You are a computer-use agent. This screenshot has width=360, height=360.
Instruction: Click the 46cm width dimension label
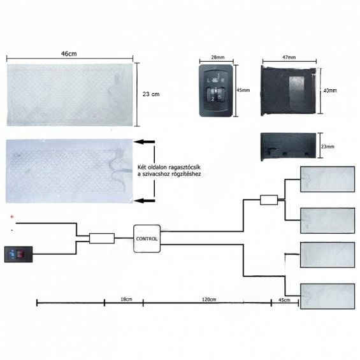coord(69,54)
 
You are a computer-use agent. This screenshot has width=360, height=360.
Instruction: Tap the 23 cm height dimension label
coord(151,94)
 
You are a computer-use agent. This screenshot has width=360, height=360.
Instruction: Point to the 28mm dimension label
coord(218,57)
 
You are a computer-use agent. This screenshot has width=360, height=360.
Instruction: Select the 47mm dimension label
coord(289,57)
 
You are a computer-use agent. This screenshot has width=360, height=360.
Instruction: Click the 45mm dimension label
coord(243,90)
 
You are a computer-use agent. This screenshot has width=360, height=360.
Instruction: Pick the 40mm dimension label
coord(330,90)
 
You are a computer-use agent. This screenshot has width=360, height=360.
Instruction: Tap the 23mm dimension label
coord(328,147)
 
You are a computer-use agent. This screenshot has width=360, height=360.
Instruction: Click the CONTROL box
coord(147,239)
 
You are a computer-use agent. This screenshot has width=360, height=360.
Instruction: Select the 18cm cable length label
coord(126,299)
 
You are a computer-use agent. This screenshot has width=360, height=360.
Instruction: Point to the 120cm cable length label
coord(209,299)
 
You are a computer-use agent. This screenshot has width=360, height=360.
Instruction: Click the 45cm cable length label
coord(284,300)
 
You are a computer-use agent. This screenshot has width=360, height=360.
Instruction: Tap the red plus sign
coord(12,217)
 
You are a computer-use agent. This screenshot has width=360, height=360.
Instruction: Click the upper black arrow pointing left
coord(145,142)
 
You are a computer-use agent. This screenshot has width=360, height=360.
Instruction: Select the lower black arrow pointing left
coord(145,201)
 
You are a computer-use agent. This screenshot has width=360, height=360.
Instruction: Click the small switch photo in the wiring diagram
coord(18,254)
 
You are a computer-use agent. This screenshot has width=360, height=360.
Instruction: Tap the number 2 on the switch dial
coord(213,99)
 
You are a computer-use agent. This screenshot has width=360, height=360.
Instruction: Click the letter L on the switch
coord(208,80)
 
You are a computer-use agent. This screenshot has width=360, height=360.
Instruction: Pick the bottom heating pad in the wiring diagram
coord(328,296)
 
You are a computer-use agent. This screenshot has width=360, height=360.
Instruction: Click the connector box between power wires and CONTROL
coord(102,238)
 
